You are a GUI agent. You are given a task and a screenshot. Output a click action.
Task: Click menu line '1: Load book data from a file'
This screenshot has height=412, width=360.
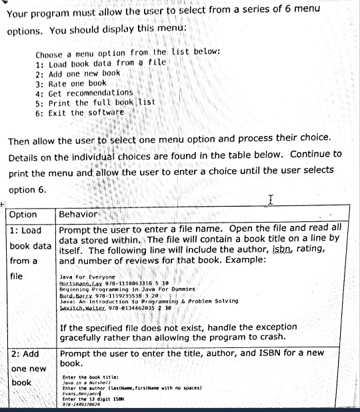(101, 62)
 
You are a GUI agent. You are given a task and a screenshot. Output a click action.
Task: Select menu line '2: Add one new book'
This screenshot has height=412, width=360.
(78, 72)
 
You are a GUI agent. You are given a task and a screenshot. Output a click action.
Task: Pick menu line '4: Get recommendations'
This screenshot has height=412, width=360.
(85, 92)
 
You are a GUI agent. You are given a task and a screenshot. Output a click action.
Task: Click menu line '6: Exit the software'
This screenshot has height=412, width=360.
(80, 112)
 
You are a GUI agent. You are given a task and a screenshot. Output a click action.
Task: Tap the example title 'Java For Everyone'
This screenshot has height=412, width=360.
(87, 276)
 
